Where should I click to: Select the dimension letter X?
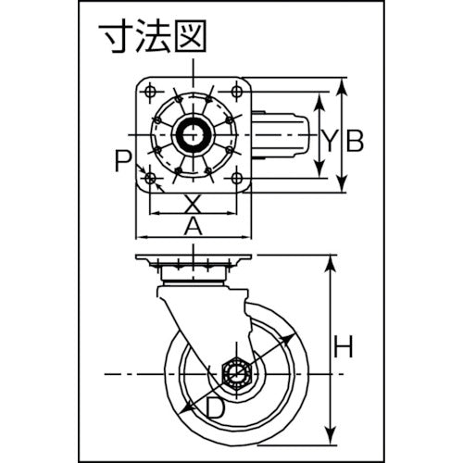[192, 202]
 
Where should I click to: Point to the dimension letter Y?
[329, 141]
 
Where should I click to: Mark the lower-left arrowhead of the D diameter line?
[191, 409]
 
